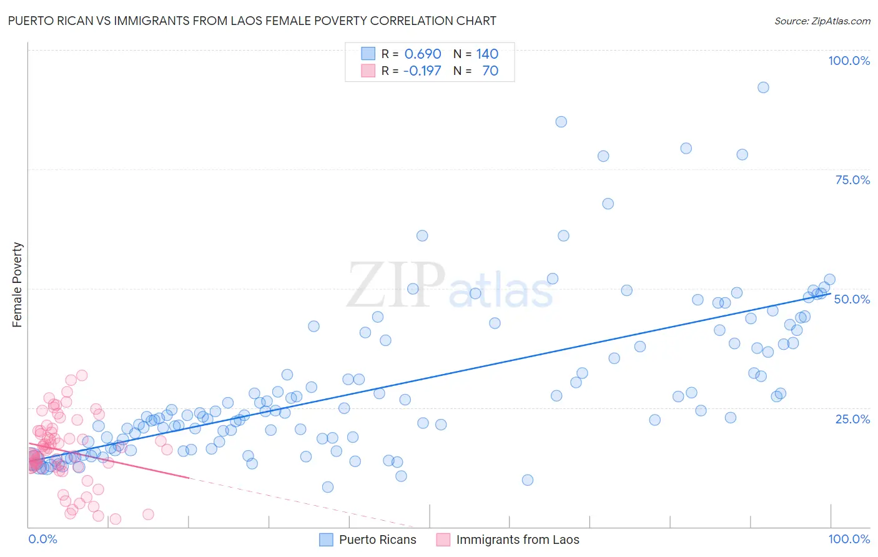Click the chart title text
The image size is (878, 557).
[252, 21]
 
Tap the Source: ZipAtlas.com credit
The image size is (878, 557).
[822, 21]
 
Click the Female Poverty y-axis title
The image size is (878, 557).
[17, 285]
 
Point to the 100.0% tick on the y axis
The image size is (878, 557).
[849, 61]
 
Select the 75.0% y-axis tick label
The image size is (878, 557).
[852, 180]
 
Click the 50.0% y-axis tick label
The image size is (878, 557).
[852, 299]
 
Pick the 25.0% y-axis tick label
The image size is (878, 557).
[852, 418]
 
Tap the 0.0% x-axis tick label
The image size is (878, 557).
[42, 539]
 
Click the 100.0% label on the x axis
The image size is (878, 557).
[849, 539]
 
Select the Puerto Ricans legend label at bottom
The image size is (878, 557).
[377, 540]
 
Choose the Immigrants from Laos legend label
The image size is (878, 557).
[517, 540]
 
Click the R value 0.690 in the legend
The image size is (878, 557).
[423, 54]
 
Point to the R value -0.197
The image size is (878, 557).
[422, 71]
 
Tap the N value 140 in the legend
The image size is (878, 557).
[487, 54]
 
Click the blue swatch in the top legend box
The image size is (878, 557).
[368, 54]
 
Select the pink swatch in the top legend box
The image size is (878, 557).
[368, 71]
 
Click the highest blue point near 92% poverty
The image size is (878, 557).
[762, 87]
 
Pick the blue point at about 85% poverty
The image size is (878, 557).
[561, 122]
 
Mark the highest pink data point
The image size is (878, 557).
[82, 375]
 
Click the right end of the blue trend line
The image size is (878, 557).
[830, 293]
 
